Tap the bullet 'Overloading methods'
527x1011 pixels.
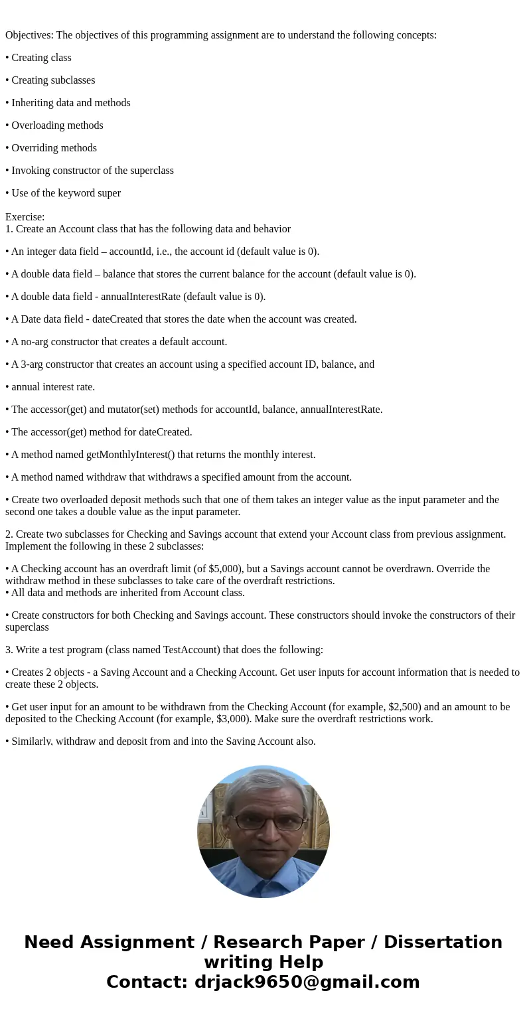coord(57,125)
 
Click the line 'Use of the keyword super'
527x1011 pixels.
coord(66,193)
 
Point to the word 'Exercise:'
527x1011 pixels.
coord(25,217)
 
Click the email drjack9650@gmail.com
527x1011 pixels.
coord(307,982)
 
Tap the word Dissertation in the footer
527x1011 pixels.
coord(443,942)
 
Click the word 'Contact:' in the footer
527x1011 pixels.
coord(147,982)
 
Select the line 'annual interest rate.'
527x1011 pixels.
coord(53,387)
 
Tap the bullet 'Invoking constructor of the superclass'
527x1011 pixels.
coord(92,171)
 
